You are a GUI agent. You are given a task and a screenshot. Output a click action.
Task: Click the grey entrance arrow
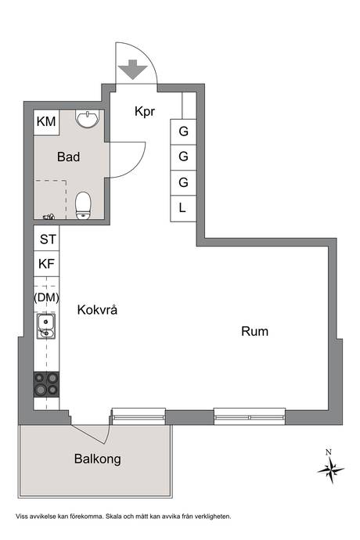coord(132,69)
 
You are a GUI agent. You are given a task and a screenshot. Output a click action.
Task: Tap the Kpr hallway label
coord(145,112)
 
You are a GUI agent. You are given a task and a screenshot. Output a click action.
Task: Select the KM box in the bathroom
coord(46,122)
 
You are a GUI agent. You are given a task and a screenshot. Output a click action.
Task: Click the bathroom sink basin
coord(88,119)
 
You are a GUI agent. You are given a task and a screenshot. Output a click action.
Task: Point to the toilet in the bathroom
coord(84,206)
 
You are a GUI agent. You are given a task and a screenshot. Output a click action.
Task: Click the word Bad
coord(69,157)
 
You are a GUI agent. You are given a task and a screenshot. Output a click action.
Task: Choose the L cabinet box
coord(183,208)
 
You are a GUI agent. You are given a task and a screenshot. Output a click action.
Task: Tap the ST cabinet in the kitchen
coord(46,239)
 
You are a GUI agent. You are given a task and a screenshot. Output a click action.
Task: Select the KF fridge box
coord(46,264)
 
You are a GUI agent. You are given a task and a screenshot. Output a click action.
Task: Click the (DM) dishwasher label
coord(46,297)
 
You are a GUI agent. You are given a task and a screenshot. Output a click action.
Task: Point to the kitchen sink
coord(46,326)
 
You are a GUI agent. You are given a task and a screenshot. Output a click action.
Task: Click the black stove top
coord(46,385)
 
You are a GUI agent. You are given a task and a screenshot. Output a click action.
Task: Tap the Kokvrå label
coord(97,310)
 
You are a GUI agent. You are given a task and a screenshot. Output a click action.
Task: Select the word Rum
coord(254,331)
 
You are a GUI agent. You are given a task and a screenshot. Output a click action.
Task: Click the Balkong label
coord(98,459)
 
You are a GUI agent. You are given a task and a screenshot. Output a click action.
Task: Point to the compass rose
coord(331,470)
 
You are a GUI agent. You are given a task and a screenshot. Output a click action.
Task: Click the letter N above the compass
coord(329,452)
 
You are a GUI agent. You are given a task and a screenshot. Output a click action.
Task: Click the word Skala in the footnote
coord(114,517)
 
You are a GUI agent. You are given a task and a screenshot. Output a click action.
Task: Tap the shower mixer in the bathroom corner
coord(49,217)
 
